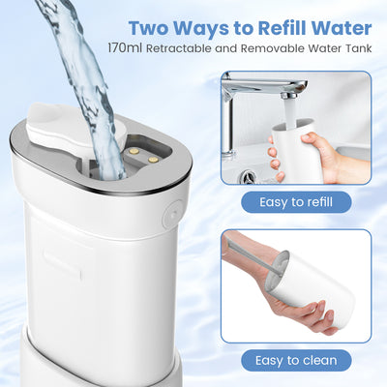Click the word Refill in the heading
(x=282, y=28)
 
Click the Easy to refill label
(x=296, y=202)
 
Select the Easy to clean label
(x=296, y=360)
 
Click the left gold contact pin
(x=135, y=150)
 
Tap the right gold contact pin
(x=153, y=160)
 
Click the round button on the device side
(x=172, y=214)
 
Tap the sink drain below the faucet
(x=248, y=177)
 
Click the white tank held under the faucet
(x=297, y=151)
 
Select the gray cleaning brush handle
(x=249, y=254)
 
